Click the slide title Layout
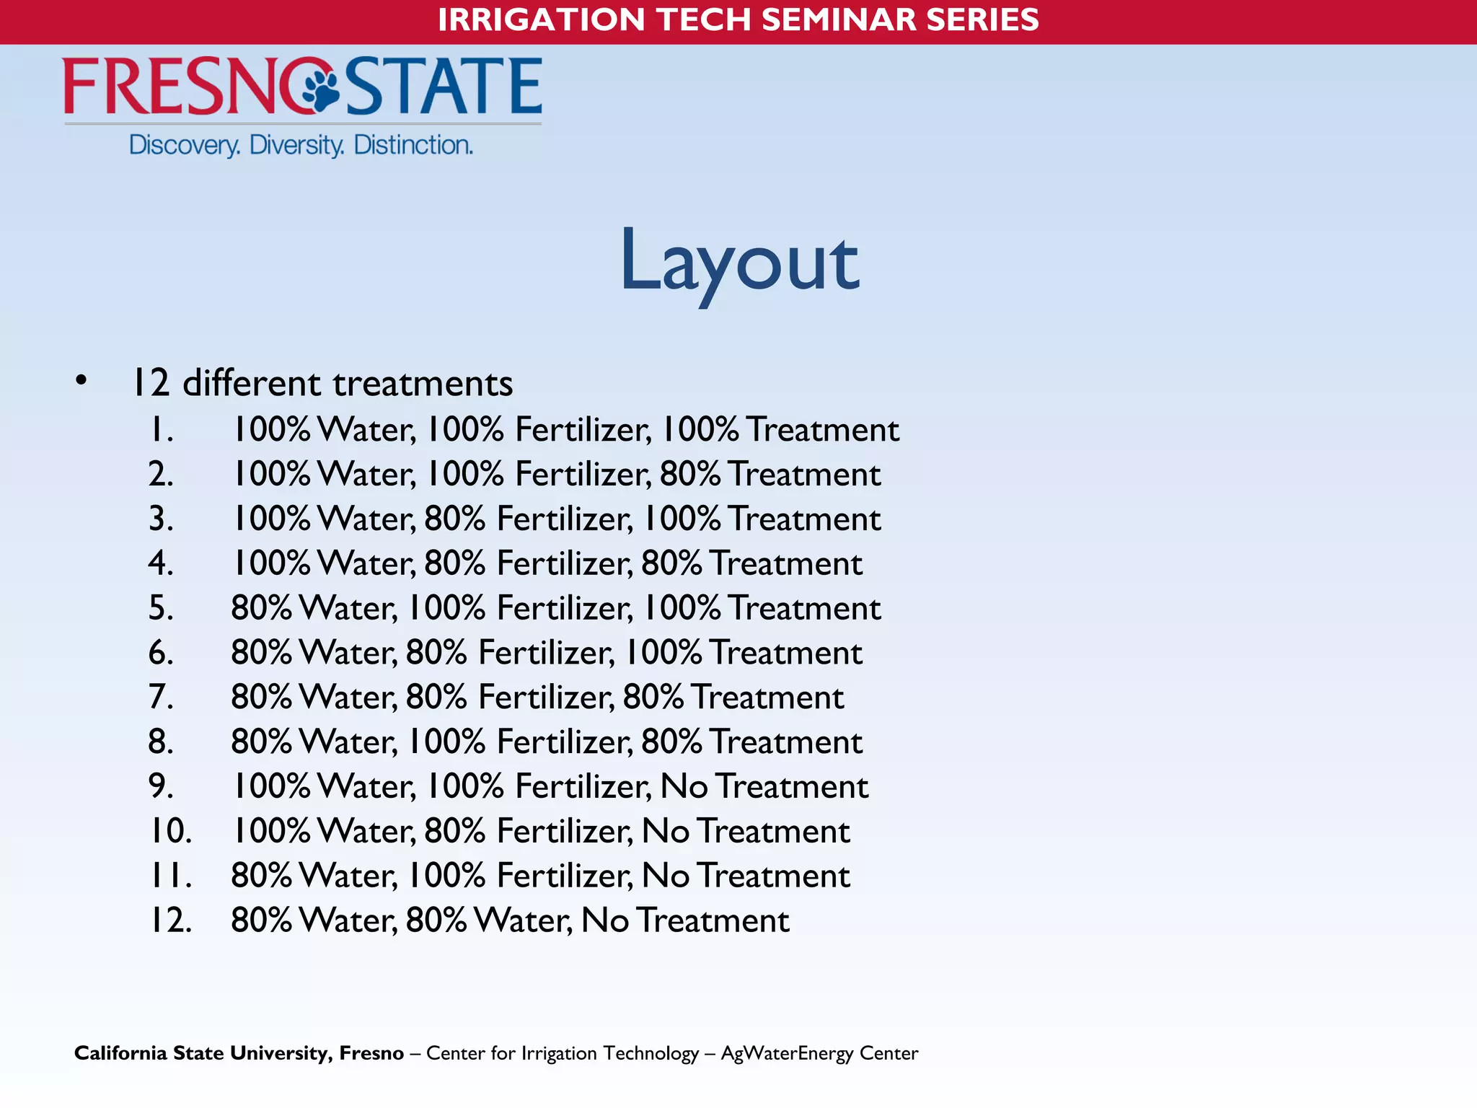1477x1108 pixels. tap(739, 261)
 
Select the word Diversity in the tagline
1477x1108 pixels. tap(296, 146)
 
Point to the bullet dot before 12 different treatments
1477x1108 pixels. tap(81, 381)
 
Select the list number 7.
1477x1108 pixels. tap(160, 698)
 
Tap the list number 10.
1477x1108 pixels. tap(170, 831)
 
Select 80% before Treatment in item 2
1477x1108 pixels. tap(689, 475)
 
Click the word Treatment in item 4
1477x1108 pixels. tap(786, 563)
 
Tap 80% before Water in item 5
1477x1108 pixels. tap(261, 608)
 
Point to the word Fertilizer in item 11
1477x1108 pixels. tap(565, 876)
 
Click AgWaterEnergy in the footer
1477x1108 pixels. tap(787, 1053)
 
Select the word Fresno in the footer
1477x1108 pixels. tap(371, 1053)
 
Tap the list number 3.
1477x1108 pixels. tap(160, 519)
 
